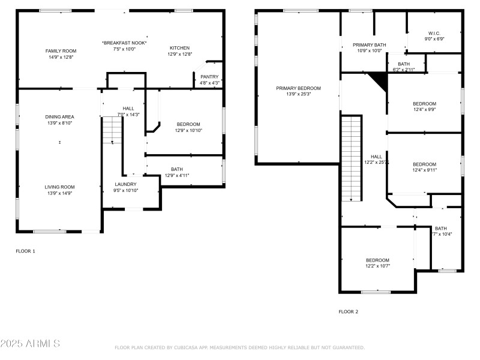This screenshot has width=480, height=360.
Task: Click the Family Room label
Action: click(61, 51)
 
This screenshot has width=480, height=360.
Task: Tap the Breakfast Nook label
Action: click(124, 43)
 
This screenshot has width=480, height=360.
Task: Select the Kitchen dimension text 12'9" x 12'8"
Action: click(179, 55)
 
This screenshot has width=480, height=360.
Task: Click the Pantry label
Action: click(209, 77)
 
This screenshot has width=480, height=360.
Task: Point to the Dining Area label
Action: click(59, 117)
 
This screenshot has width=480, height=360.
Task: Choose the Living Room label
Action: click(59, 187)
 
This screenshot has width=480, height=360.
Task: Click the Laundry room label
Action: click(125, 184)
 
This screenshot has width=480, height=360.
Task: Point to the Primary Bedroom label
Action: click(298, 88)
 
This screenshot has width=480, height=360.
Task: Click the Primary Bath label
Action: click(369, 45)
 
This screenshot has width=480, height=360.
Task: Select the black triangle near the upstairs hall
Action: click(378, 79)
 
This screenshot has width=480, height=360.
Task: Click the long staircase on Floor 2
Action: click(350, 159)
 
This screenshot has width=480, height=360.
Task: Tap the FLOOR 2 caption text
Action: click(348, 311)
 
